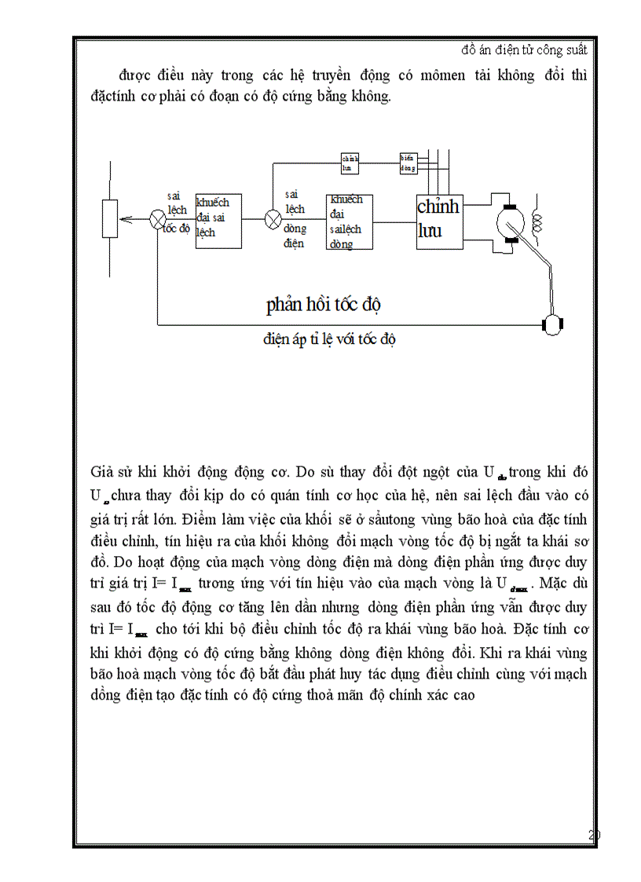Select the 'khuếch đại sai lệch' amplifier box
click(x=218, y=221)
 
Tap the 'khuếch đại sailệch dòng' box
click(x=349, y=222)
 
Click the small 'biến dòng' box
click(x=408, y=163)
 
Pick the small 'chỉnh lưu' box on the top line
click(x=350, y=163)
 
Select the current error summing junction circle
click(x=273, y=220)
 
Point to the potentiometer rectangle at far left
click(x=110, y=219)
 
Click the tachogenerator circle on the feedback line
click(x=553, y=324)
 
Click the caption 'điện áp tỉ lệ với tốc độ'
click(x=329, y=339)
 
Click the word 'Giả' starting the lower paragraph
click(x=103, y=472)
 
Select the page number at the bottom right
click(x=594, y=836)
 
